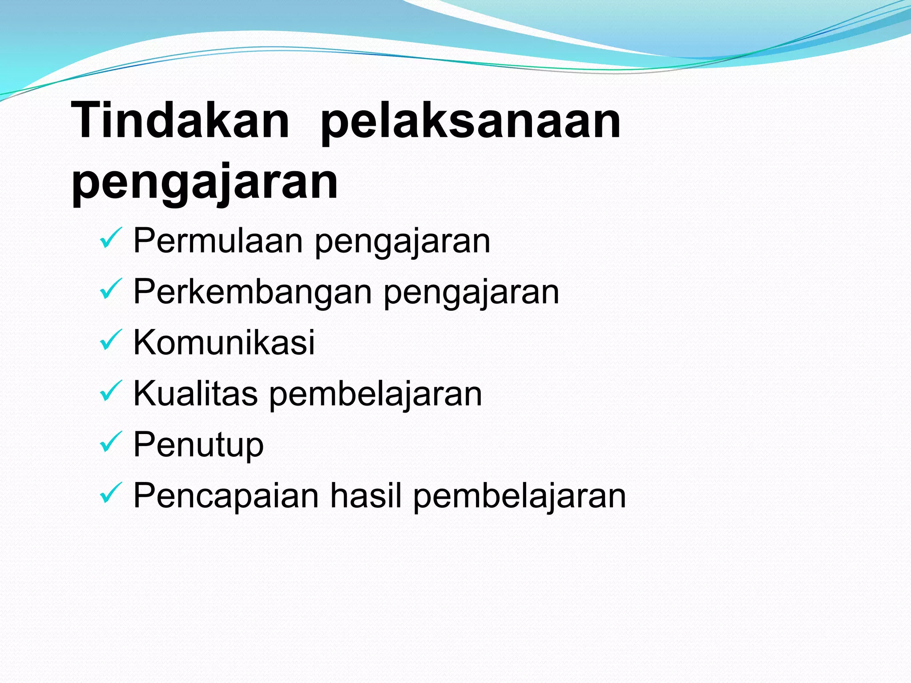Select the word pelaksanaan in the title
coord(470,121)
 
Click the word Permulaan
coord(218,241)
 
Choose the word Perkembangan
coord(253,292)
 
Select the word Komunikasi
coord(224,342)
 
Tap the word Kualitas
coord(195,394)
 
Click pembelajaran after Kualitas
coord(375,394)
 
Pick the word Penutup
coord(198,445)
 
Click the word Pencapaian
coord(226,496)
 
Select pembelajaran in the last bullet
coord(520,496)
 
